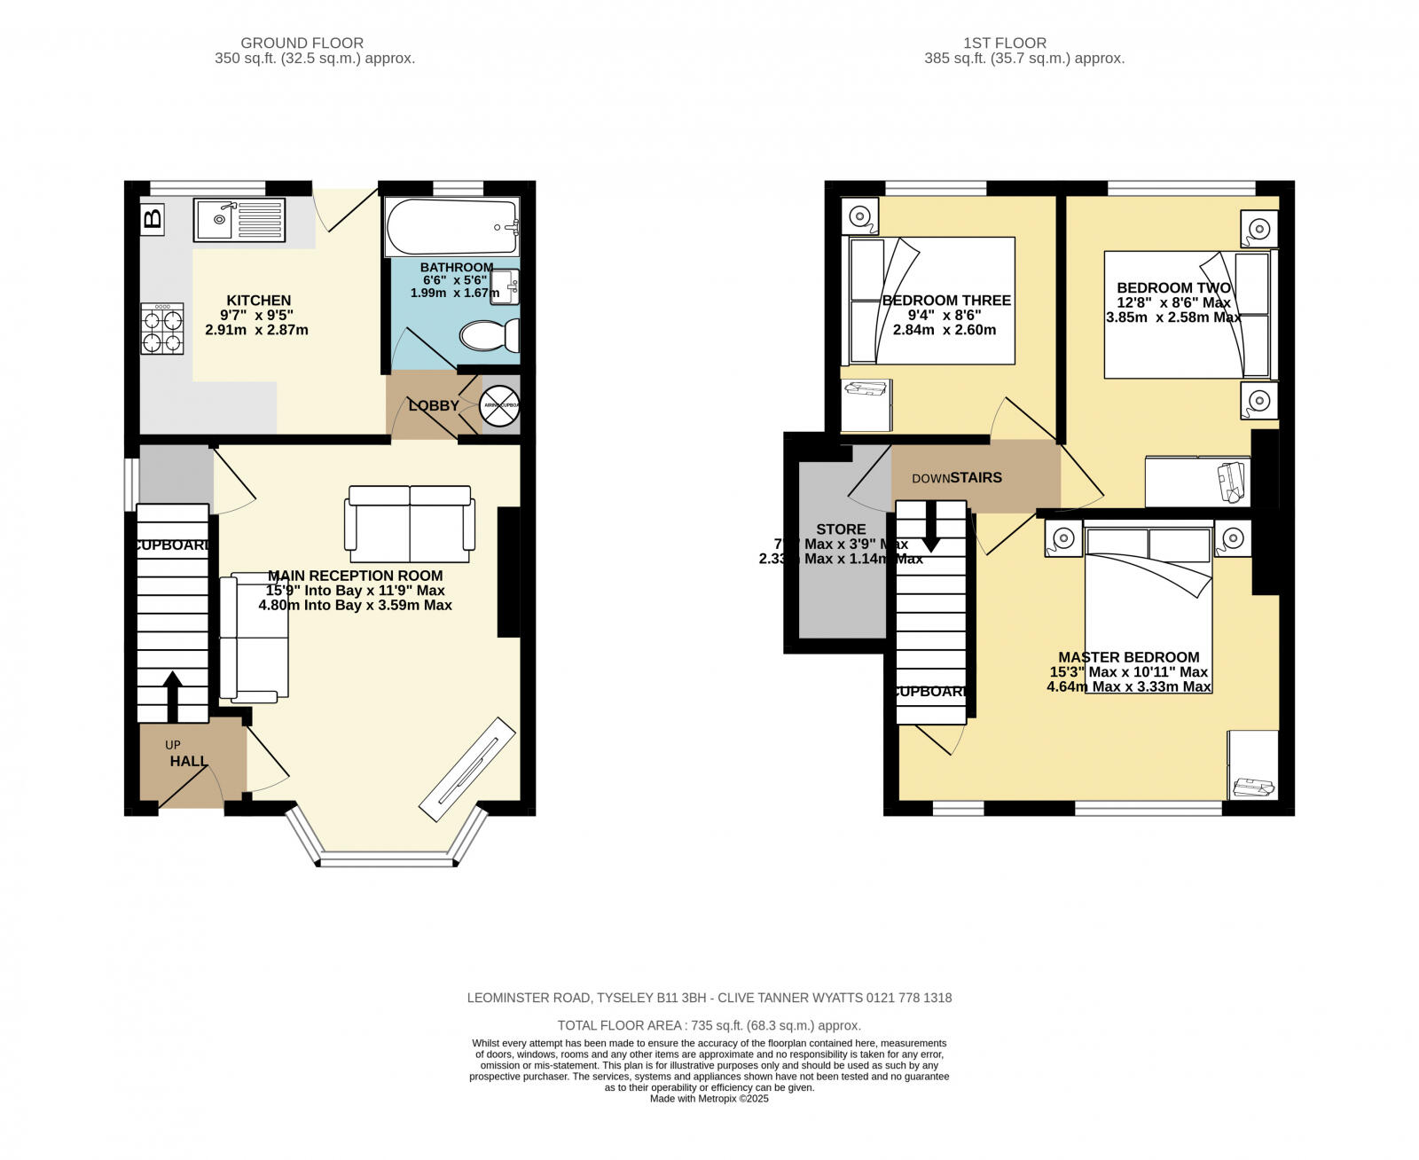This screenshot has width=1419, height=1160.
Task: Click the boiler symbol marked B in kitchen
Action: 153,218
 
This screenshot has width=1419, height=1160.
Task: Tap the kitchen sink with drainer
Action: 240,219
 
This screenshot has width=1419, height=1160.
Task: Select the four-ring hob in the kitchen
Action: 162,329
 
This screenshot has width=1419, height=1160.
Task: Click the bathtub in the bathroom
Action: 451,228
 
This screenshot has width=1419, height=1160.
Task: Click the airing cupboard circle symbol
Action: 498,406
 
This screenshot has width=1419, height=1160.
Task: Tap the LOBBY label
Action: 434,405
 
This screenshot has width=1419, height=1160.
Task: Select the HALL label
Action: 188,761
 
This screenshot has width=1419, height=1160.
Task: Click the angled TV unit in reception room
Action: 467,768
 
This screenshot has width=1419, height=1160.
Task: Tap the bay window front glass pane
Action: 386,858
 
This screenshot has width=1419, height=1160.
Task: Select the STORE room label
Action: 841,529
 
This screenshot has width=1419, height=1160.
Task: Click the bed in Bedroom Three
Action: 931,301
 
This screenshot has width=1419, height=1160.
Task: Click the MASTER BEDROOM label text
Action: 1128,657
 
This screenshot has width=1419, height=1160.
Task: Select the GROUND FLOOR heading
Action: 302,43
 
